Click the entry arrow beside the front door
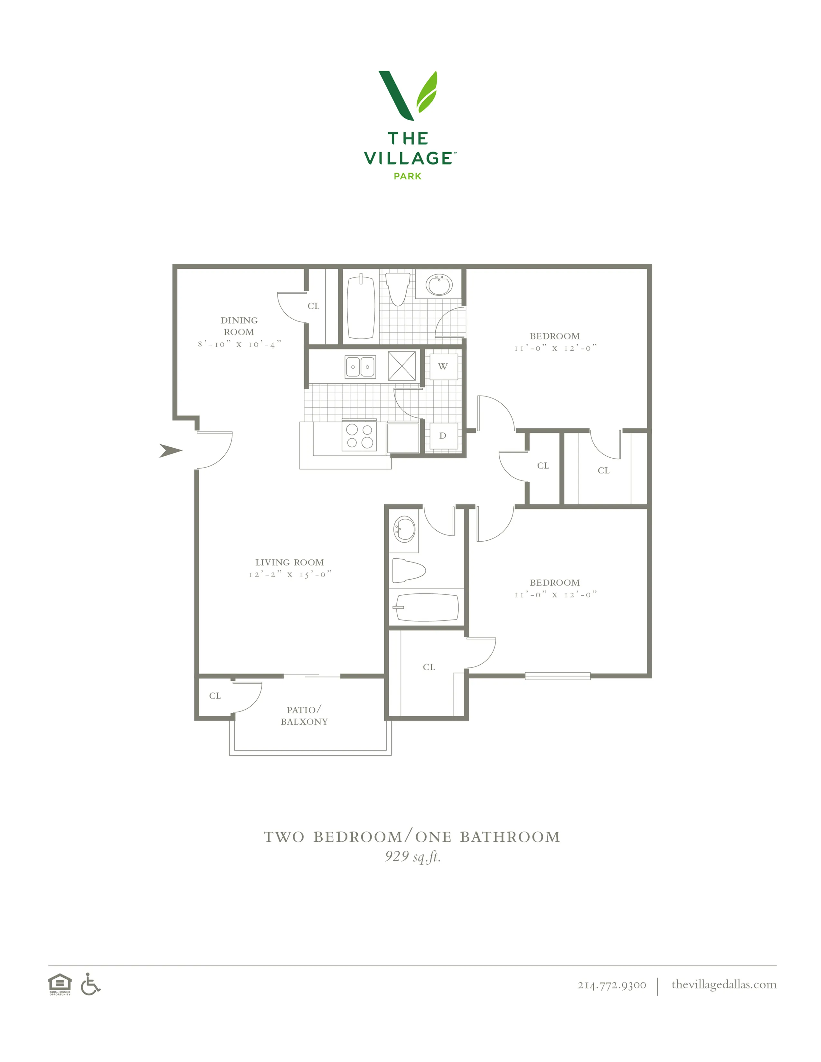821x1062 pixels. (x=170, y=451)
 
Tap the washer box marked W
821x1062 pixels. (x=443, y=367)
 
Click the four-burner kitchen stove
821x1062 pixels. (x=359, y=436)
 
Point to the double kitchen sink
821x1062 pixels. (x=360, y=367)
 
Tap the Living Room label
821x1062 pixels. (x=289, y=563)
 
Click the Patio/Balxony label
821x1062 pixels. (x=304, y=716)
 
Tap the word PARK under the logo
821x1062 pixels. (x=408, y=176)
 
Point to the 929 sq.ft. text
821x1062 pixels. (x=412, y=856)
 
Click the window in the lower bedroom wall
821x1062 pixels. (x=557, y=676)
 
